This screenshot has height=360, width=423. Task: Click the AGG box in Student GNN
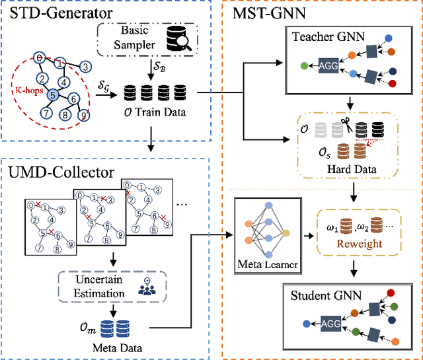[x=331, y=324]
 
